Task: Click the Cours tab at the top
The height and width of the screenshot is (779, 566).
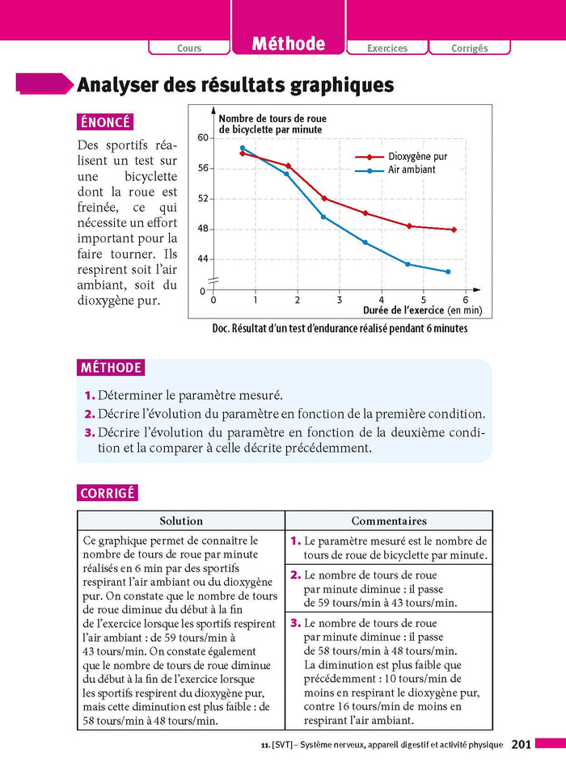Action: [189, 48]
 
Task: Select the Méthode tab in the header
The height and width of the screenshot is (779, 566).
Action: [288, 44]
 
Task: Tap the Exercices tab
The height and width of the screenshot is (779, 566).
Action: [387, 48]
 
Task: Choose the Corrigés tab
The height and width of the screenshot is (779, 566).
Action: [470, 48]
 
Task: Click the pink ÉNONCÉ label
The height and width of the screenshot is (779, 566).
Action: [105, 122]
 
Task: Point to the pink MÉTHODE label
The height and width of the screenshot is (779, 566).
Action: [111, 368]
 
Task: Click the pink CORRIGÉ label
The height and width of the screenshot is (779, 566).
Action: [108, 493]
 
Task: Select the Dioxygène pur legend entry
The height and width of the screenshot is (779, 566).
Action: [417, 157]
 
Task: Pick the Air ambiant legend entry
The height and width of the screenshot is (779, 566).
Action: [412, 170]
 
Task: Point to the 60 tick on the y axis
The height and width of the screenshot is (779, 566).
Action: [203, 138]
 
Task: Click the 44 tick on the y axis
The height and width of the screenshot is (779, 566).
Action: [203, 259]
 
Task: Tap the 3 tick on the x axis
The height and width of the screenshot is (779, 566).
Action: [340, 300]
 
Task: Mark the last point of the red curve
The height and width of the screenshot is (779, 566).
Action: [454, 229]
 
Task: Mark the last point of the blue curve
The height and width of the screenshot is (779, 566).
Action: [448, 272]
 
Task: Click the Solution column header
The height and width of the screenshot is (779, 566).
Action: [181, 521]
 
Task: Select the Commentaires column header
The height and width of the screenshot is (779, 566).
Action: [389, 521]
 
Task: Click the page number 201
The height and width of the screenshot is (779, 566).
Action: [521, 744]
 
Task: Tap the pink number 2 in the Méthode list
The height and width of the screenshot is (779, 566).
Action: [89, 414]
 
